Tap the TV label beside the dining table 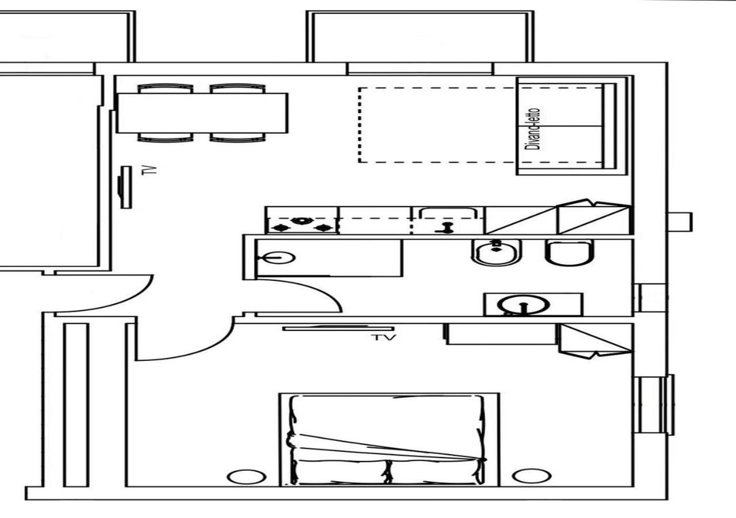pos(149,170)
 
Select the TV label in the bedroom pos(384,337)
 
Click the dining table pos(202,113)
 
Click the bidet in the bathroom pos(493,252)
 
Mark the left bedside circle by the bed pos(247,477)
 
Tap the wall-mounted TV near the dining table pos(124,187)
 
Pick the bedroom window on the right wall pos(654,405)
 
